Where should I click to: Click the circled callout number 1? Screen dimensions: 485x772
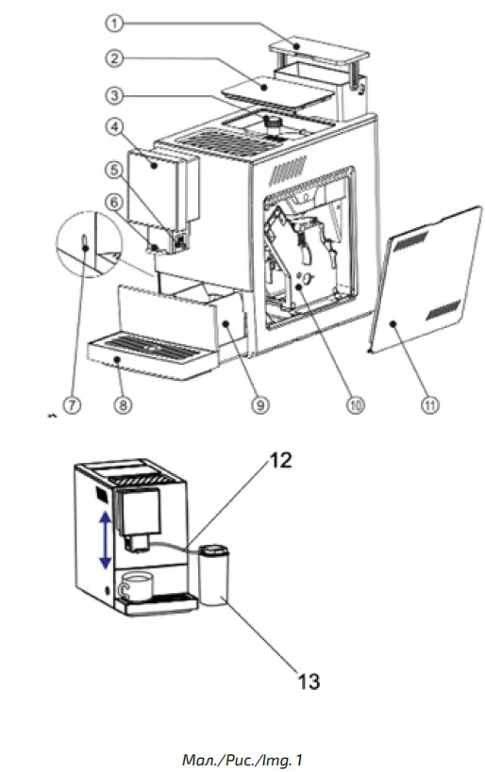114,23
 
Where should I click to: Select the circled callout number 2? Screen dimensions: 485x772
114,58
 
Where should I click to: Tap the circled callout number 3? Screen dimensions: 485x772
114,94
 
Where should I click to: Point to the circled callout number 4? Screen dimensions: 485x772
114,127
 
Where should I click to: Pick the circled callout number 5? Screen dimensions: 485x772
114,170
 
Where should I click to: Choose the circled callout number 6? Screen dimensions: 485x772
114,203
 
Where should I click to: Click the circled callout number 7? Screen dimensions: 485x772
73,404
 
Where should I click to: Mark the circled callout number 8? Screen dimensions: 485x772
123,404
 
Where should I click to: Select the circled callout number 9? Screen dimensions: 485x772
260,404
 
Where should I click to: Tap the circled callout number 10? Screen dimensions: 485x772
356,404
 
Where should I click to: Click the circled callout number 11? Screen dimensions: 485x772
429,404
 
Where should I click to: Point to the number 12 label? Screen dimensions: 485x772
280,460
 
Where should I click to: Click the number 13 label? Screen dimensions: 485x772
309,682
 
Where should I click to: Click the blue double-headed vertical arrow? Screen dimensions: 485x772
105,540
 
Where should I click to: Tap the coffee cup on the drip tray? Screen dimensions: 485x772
137,586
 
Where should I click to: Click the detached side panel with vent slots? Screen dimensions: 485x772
425,280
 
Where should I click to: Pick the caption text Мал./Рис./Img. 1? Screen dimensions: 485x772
242,760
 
